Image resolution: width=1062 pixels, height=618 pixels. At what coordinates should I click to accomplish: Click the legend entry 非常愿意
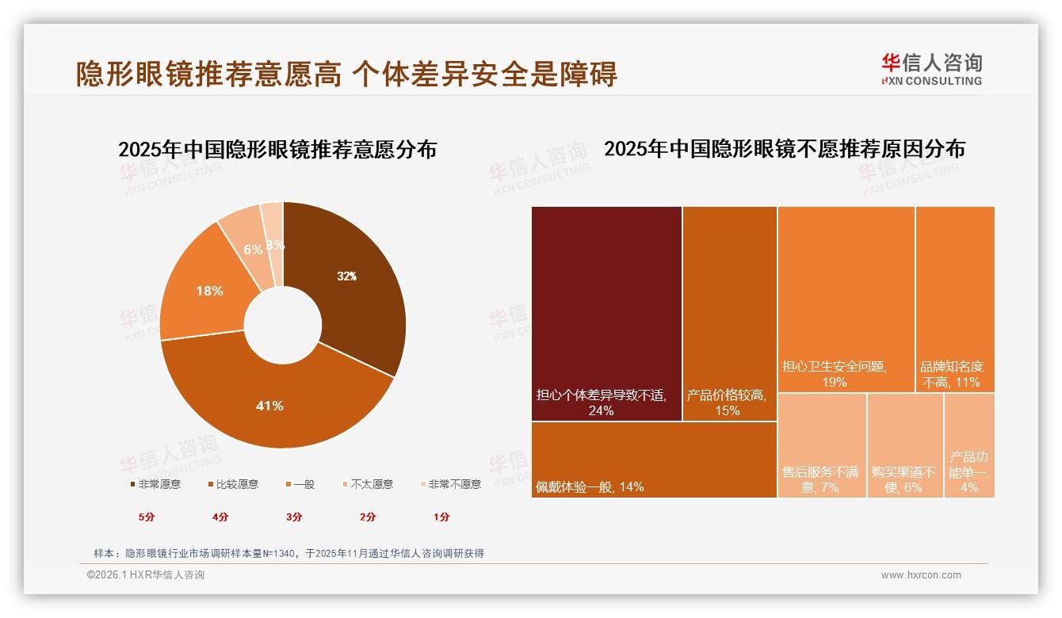[155, 484]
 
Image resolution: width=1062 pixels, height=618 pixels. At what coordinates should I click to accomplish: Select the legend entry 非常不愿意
[449, 484]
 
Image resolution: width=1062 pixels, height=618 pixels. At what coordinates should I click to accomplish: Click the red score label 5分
[147, 517]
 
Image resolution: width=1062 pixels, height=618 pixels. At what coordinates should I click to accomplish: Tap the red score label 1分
[441, 517]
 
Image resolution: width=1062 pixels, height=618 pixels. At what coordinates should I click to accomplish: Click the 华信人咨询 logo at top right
[931, 69]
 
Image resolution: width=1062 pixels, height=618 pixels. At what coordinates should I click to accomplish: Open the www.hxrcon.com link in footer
[921, 575]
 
